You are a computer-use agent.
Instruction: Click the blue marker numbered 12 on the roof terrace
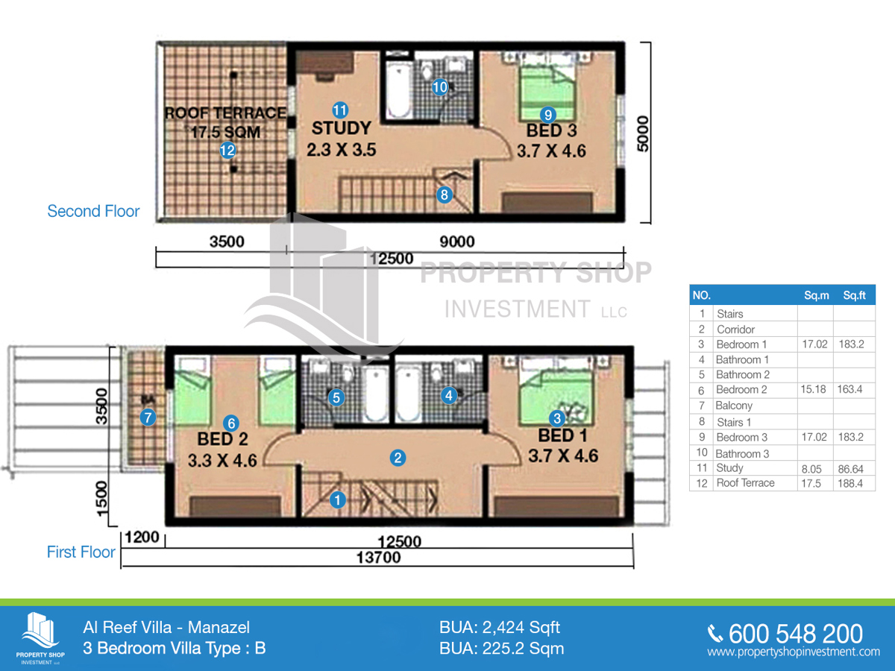click(x=227, y=151)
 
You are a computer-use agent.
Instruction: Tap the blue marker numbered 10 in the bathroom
click(x=440, y=87)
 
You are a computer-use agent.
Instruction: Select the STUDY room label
click(x=342, y=128)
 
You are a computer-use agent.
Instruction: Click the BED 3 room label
click(x=551, y=130)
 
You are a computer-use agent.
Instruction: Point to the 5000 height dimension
click(x=643, y=133)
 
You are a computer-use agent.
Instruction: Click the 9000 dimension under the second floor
click(x=457, y=242)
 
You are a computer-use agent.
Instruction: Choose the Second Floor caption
click(x=93, y=211)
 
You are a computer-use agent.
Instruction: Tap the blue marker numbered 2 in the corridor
click(x=398, y=458)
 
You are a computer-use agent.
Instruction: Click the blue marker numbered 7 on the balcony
click(x=148, y=418)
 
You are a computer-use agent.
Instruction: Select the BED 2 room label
click(x=222, y=439)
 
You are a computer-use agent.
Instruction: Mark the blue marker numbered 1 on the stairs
click(x=338, y=500)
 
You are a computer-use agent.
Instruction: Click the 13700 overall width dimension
click(x=378, y=558)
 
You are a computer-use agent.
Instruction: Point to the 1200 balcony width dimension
click(x=142, y=538)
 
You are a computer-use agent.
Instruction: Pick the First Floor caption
click(x=81, y=552)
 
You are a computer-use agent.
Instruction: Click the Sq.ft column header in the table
click(x=854, y=295)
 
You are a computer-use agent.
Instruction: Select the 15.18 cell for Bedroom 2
click(x=813, y=389)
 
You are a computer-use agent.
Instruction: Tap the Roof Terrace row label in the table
click(x=745, y=483)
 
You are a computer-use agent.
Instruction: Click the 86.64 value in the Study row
click(x=850, y=470)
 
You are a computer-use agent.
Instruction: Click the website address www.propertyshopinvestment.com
click(x=794, y=652)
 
